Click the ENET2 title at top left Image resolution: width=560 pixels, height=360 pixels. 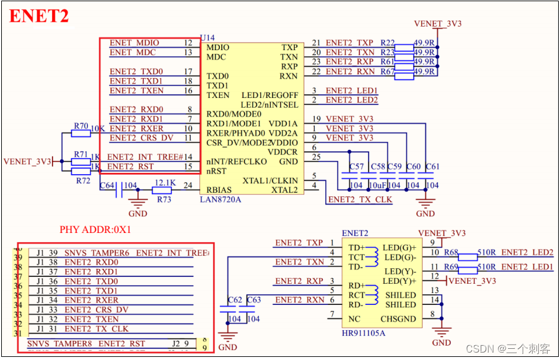[39, 17]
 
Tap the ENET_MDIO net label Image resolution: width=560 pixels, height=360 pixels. [134, 43]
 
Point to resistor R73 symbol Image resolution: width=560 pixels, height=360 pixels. [162, 190]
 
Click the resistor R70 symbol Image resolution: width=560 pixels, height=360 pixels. [81, 133]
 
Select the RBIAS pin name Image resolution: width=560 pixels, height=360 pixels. [220, 190]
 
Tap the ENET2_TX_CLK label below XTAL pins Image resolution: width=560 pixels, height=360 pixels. [360, 200]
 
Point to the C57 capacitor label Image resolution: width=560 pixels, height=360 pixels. [356, 167]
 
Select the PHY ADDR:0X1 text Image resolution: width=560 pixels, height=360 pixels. [95, 229]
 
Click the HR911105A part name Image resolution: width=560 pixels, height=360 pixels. [363, 333]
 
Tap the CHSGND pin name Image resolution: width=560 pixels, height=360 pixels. [397, 320]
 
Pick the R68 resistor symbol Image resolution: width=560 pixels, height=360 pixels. [468, 257]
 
